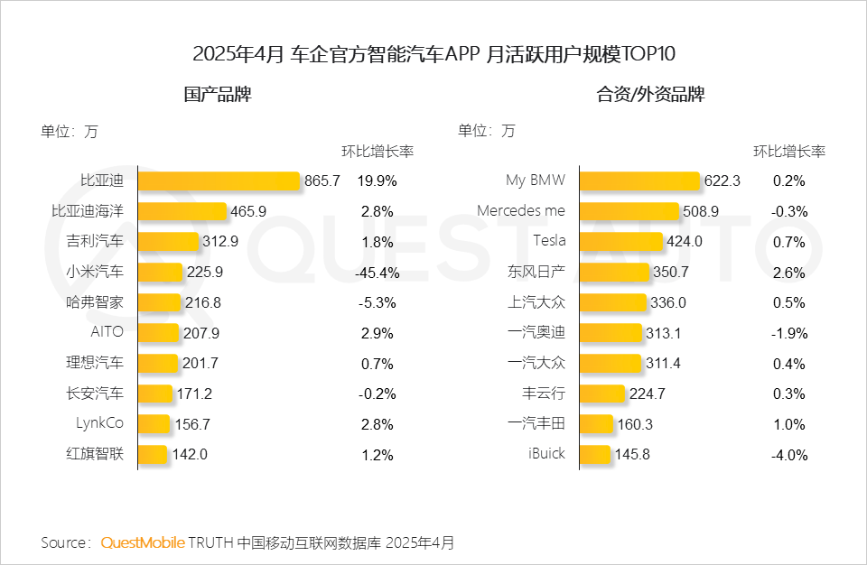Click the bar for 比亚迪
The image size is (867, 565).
coord(219,181)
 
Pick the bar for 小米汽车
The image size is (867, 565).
coord(161,271)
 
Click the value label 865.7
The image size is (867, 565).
coord(322,181)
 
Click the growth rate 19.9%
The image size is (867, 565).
coord(377,181)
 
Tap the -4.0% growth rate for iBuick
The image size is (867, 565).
coord(788,455)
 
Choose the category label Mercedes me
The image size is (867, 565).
coord(521,210)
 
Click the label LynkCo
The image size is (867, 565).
coord(100,423)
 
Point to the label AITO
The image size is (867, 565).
coord(107,332)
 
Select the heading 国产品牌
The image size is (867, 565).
coord(217,95)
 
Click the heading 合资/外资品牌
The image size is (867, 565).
coord(650,95)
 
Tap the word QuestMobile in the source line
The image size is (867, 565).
coord(143,542)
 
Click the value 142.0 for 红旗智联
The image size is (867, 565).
coord(190,455)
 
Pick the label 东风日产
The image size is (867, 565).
coord(536,271)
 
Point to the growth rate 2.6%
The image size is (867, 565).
coord(788,272)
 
